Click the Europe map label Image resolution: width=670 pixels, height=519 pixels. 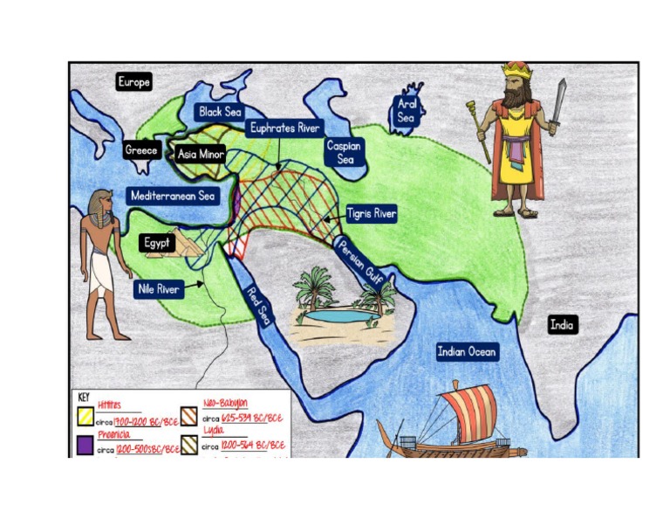pos(134,82)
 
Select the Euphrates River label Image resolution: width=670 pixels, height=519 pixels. pos(284,128)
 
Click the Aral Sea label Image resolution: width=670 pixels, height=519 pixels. pos(407,111)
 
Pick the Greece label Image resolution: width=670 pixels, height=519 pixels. pos(141,150)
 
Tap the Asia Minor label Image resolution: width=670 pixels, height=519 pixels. pos(201,155)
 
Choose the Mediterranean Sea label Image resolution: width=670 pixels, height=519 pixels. pos(173,196)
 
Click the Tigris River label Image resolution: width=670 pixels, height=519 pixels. pos(372,213)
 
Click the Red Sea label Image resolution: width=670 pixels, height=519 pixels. pos(259,306)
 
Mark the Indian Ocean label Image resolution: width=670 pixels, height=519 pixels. pos(468,352)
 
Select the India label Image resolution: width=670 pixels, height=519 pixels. pos(562,325)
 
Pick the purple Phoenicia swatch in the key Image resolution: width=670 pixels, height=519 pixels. pos(85,446)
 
